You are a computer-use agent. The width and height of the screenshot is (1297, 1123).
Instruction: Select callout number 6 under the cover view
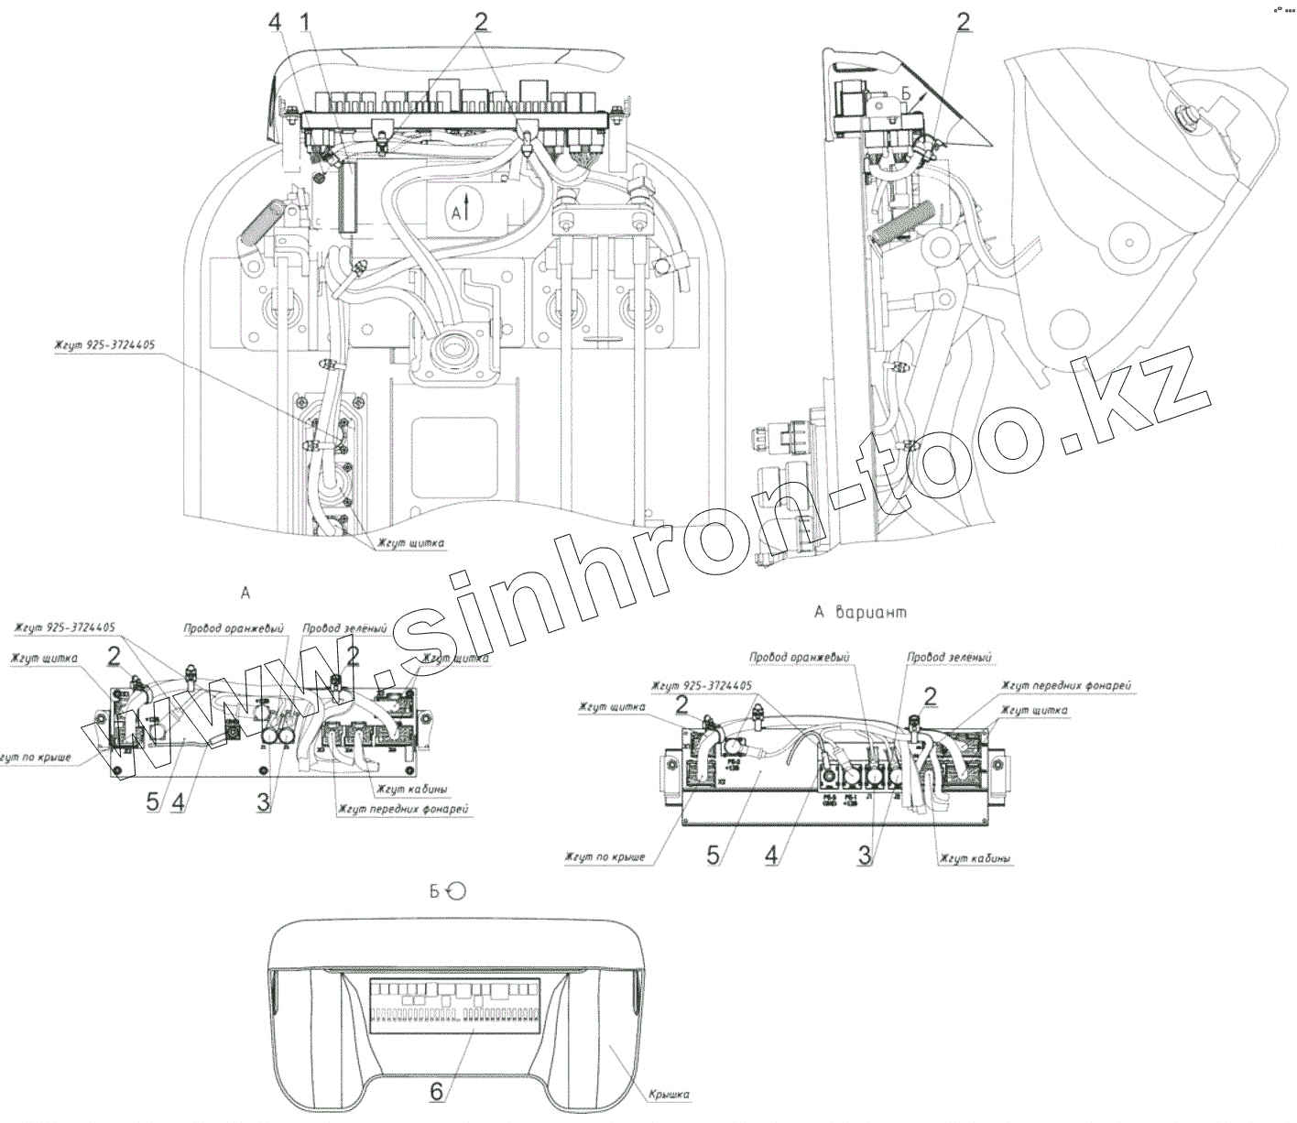436,1091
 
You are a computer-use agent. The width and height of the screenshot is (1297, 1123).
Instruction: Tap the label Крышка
669,1094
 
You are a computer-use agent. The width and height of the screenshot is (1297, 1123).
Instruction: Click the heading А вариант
860,613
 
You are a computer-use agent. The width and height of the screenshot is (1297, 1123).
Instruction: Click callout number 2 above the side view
963,22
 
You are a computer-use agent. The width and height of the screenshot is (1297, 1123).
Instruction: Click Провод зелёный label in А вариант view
949,658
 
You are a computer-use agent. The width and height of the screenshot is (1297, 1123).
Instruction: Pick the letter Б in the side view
904,93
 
